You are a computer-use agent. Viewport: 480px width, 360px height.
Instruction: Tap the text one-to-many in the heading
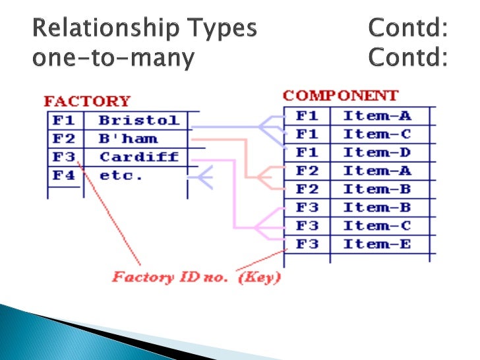click(x=113, y=59)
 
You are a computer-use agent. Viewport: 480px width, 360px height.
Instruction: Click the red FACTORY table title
click(x=87, y=102)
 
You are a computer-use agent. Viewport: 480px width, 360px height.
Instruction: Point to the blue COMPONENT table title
click(x=341, y=96)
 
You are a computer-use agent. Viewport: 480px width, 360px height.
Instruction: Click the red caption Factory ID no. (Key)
click(x=196, y=276)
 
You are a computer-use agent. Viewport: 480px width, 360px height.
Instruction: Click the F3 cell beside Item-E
click(x=307, y=244)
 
